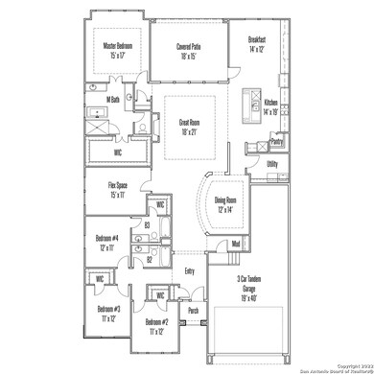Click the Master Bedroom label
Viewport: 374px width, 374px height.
tap(119, 50)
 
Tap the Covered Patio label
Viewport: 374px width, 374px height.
tap(189, 50)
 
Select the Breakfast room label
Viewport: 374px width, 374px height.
tap(258, 43)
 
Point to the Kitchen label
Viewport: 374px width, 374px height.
tap(270, 105)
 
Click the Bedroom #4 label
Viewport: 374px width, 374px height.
tap(107, 243)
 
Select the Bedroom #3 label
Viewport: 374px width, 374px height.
tap(108, 314)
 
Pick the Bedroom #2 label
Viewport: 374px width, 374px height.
tap(158, 326)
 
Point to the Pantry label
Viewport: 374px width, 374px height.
tap(276, 142)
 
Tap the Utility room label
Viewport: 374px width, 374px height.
tap(272, 164)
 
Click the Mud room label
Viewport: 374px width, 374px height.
tap(235, 244)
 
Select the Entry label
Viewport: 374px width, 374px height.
tap(189, 270)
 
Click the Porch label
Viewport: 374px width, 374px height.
tap(193, 311)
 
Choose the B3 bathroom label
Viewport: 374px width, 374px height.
tap(147, 226)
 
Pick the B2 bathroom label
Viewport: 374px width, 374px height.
tap(149, 259)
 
